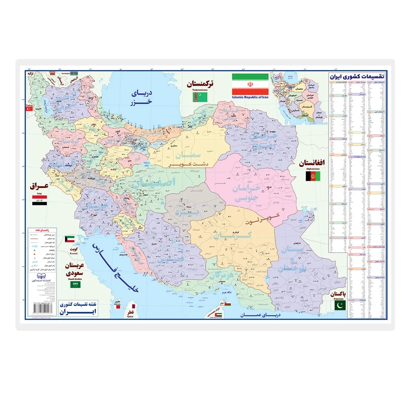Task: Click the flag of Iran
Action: (x=251, y=81)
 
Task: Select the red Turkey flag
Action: (x=29, y=108)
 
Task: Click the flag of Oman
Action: (x=227, y=305)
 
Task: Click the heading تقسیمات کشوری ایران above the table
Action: (x=353, y=76)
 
